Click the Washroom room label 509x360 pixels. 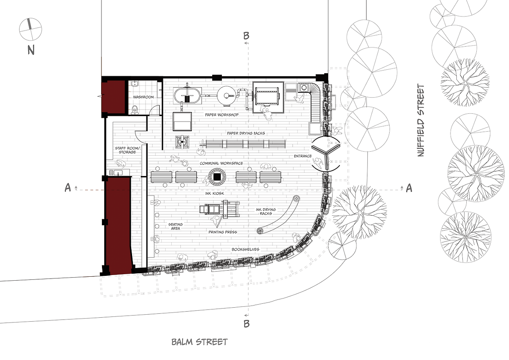coord(143,97)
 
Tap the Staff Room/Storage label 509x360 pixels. coord(127,150)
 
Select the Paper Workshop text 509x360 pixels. coord(222,115)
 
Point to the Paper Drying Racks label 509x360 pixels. coord(246,133)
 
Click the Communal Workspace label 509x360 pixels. coord(221,163)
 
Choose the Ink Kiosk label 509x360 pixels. coord(214,194)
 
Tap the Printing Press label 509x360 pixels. coord(223,232)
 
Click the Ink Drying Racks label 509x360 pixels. coord(265,211)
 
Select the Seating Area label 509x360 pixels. coord(175,226)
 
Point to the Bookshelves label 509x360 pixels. coord(245,249)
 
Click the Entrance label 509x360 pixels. coord(303,156)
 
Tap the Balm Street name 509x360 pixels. coord(200,342)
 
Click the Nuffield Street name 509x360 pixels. coord(421,120)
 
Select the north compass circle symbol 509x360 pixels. coord(31,30)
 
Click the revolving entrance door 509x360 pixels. coord(326,154)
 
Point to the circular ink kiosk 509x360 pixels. coord(217,177)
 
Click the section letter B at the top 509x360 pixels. coord(246,35)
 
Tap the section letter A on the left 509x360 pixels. coord(68,188)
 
